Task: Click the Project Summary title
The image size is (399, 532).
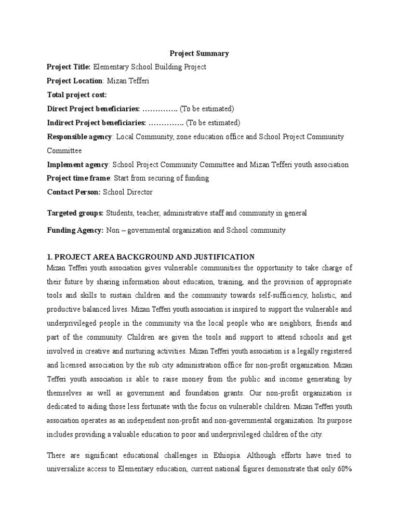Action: coord(200,53)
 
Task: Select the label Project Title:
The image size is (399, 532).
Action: coord(69,66)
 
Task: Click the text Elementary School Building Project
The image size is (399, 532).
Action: coord(150,66)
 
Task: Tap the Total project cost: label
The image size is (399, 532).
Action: coord(77,95)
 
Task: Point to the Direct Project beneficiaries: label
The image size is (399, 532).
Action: coord(94,109)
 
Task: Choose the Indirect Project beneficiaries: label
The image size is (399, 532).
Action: coord(97,123)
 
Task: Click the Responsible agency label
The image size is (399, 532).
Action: coord(79,137)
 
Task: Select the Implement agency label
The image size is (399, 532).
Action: coord(77,165)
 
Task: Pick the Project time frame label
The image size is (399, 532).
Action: coord(78,178)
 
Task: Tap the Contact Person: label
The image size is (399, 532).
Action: coord(74,192)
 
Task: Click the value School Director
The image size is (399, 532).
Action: coord(128,192)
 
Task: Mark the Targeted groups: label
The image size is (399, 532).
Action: coord(75,213)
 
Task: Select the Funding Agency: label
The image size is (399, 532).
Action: coord(75,230)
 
